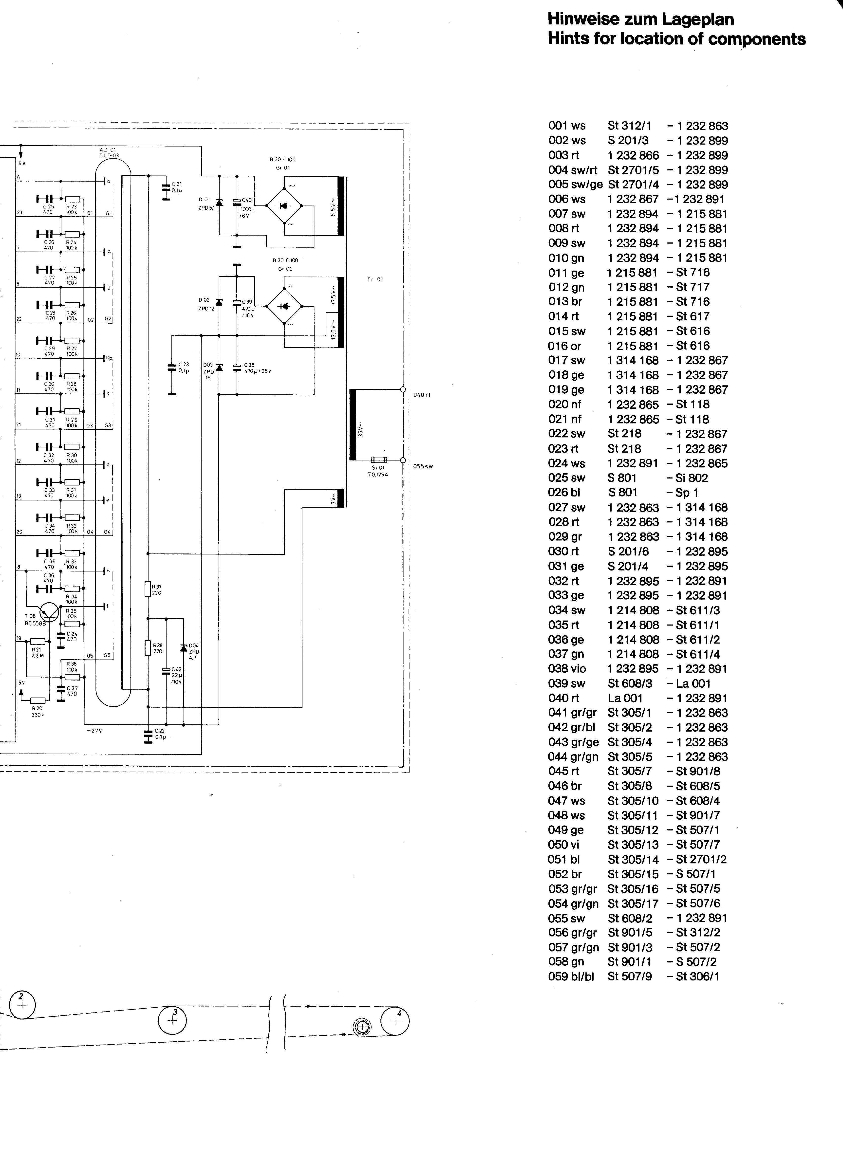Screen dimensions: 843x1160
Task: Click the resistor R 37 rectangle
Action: tap(148, 589)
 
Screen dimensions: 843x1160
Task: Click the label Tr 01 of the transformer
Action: tap(375, 279)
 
